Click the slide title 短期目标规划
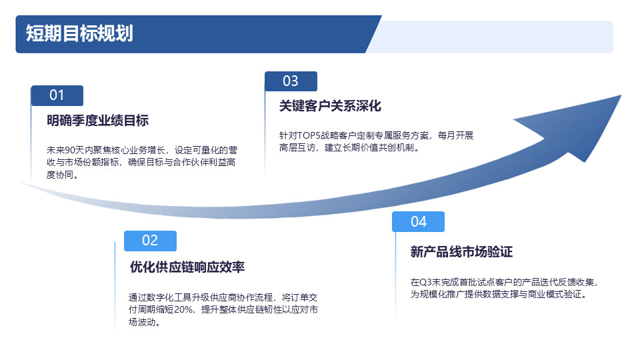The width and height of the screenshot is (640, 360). tap(79, 33)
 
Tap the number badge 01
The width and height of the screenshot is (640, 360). tap(57, 95)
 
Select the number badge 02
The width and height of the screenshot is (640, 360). tap(150, 241)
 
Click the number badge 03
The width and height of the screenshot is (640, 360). tap(291, 81)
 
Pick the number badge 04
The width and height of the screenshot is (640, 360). tap(419, 221)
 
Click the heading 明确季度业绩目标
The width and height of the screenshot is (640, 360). tap(97, 121)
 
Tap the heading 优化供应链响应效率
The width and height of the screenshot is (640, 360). tap(187, 267)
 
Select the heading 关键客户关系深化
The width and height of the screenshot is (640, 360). tap(330, 106)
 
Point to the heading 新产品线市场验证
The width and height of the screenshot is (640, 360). tap(461, 252)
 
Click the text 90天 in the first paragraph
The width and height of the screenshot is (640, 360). tap(74, 150)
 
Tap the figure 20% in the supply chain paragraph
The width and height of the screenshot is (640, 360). tap(183, 310)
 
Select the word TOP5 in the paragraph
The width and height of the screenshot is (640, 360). tap(309, 135)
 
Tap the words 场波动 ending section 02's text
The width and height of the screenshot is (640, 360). tap(142, 322)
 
